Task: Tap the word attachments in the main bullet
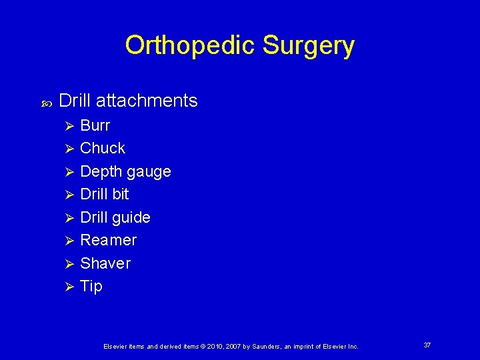(147, 101)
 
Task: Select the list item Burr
(95, 125)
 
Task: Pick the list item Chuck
(102, 148)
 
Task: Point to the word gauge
(147, 172)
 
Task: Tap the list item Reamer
(108, 240)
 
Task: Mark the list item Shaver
(105, 263)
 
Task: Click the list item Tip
(91, 286)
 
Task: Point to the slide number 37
(427, 345)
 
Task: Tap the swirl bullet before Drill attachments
(45, 103)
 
